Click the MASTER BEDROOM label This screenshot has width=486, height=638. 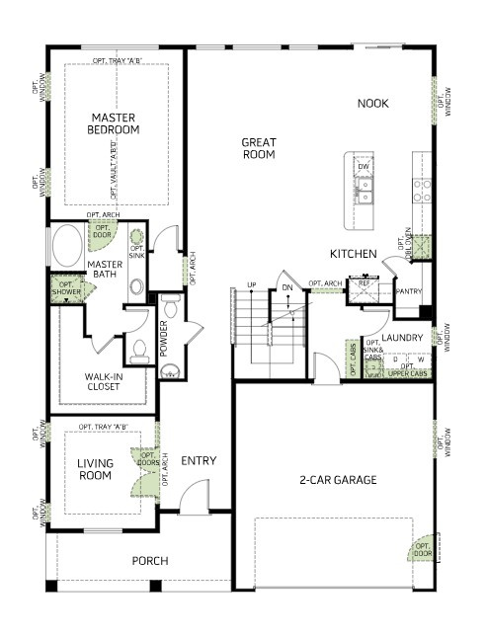tap(113, 123)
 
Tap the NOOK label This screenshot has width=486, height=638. tap(373, 103)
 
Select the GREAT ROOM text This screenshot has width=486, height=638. tap(259, 148)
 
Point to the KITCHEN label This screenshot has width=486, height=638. tap(354, 254)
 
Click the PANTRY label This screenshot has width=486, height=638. tap(408, 292)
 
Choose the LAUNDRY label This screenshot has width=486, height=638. tap(403, 338)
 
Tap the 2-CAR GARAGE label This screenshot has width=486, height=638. tap(338, 480)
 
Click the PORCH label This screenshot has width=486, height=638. tap(150, 561)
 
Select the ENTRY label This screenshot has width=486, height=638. tap(199, 460)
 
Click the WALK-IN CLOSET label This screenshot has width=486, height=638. tap(102, 380)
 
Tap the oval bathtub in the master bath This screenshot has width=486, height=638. tap(69, 245)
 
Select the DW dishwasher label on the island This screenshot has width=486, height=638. tap(364, 167)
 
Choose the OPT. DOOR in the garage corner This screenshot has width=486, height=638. tap(422, 549)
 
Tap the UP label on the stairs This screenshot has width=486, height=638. tap(252, 285)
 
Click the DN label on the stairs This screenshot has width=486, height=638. tap(287, 287)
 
